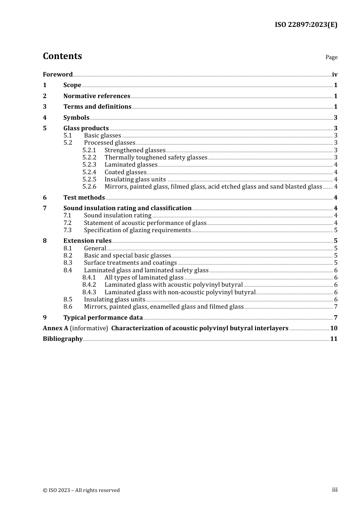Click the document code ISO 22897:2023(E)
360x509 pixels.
(306, 25)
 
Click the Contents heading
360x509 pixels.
(62, 56)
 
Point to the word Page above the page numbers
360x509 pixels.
(331, 57)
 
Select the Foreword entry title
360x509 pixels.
(58, 74)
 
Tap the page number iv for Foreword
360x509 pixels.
(335, 74)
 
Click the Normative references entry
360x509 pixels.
(97, 96)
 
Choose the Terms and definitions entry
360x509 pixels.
(97, 106)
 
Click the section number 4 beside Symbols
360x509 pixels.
(45, 117)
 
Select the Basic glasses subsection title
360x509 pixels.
(102, 136)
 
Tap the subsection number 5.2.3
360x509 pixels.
(89, 164)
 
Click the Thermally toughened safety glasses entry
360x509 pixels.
(156, 157)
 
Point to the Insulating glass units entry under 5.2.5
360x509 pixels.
(135, 179)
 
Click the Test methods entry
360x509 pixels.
(84, 197)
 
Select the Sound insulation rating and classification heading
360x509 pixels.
(127, 208)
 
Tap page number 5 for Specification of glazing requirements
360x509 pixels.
(336, 230)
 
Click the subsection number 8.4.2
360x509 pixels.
(89, 284)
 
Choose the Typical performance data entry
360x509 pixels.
(103, 317)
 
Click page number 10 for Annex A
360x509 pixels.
(334, 328)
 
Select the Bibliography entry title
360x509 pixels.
(63, 339)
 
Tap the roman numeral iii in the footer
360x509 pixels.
(335, 490)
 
